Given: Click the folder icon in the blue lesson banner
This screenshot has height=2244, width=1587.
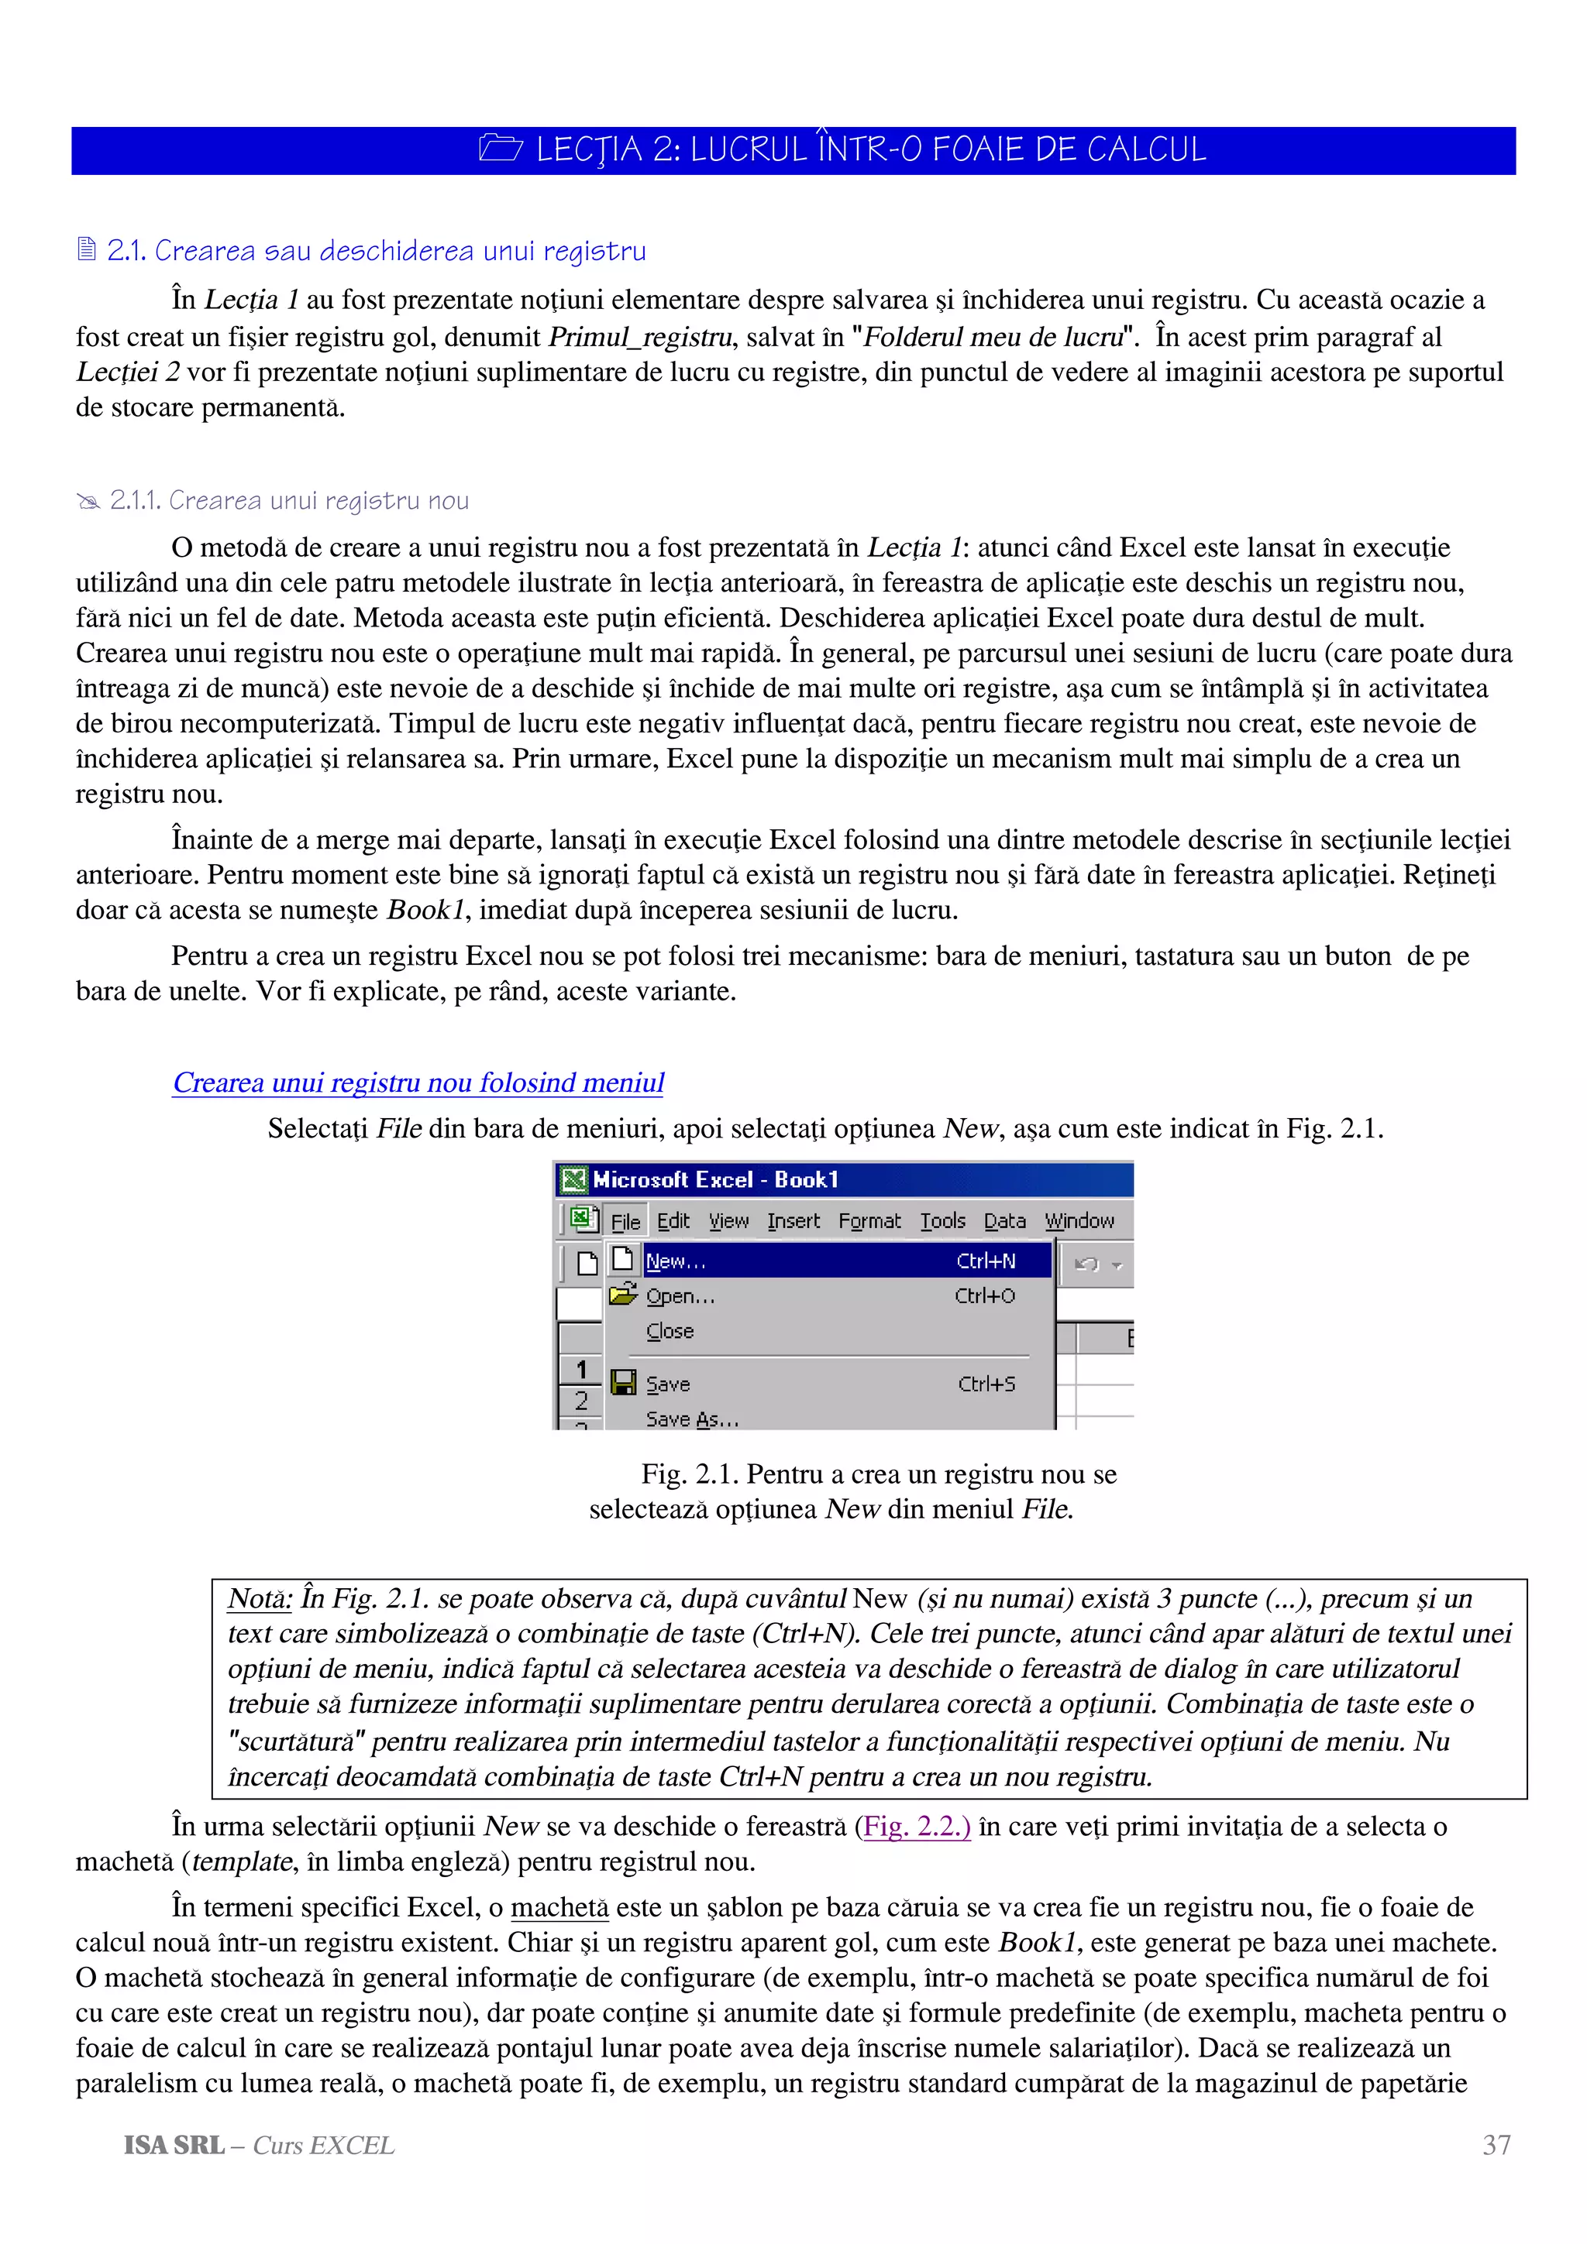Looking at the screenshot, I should point(501,149).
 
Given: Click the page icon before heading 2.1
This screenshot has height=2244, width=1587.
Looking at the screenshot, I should point(87,250).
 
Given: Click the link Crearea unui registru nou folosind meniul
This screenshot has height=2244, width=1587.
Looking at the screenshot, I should point(418,1083).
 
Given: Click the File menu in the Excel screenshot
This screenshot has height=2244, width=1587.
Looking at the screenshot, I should point(625,1222).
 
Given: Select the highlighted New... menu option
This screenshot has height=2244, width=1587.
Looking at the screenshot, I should point(676,1261).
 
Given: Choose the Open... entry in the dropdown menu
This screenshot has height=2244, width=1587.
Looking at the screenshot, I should point(680,1296).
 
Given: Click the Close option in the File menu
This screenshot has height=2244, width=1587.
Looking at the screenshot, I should point(670,1331).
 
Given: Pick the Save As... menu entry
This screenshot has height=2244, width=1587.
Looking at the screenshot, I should point(692,1419).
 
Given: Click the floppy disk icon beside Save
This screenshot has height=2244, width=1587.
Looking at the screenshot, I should point(623,1383).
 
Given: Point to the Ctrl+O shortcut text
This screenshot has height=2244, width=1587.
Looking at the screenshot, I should point(985,1296).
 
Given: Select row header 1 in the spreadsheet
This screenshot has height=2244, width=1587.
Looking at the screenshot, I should point(581,1371).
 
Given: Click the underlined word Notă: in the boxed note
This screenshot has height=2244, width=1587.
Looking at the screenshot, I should point(259,1599).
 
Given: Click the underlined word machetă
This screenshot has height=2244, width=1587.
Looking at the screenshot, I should point(559,1908).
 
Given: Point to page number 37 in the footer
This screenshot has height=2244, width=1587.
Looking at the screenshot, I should point(1496,2146).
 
